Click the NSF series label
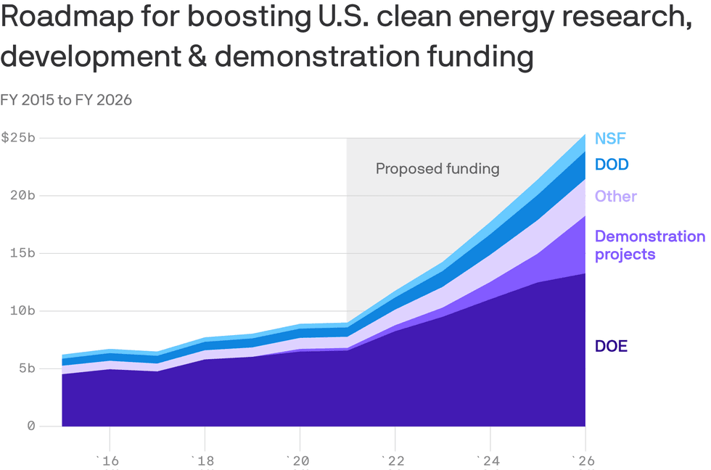pos(610,139)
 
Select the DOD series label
pos(612,165)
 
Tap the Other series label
pos(616,197)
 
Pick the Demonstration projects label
pos(649,245)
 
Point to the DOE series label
pos(611,347)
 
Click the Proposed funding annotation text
pos(437,169)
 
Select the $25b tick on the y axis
pos(17,138)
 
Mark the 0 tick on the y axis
pos(31,426)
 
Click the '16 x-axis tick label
pos(109,461)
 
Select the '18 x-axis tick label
pos(204,461)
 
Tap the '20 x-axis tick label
pos(299,461)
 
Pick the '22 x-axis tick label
pos(394,461)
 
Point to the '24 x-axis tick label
pos(490,461)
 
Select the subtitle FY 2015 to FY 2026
pos(66,100)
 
